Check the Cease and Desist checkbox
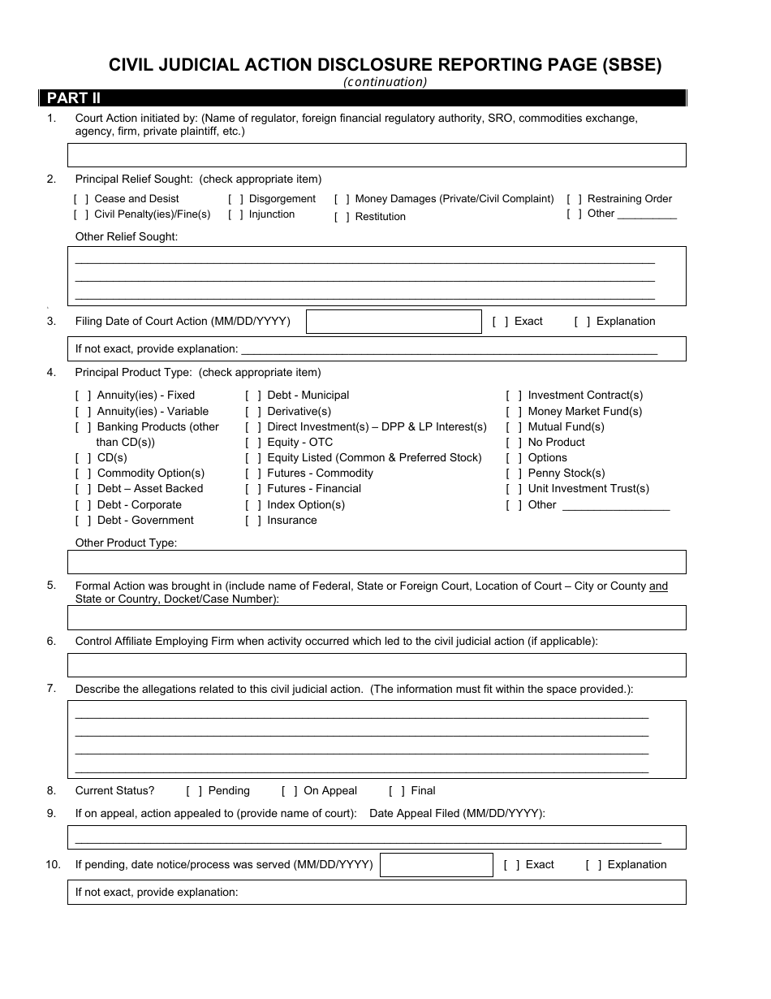pyautogui.click(x=81, y=199)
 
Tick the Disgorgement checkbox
pyautogui.click(x=235, y=199)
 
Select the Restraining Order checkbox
pyautogui.click(x=574, y=199)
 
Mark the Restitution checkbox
pyautogui.click(x=342, y=217)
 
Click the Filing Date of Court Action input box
pyautogui.click(x=394, y=322)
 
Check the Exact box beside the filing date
pyautogui.click(x=501, y=322)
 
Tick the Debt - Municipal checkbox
pyautogui.click(x=253, y=396)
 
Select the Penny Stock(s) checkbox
pyautogui.click(x=514, y=474)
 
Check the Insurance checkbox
pyautogui.click(x=253, y=521)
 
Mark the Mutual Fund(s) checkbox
pyautogui.click(x=514, y=427)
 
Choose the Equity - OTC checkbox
pyautogui.click(x=253, y=443)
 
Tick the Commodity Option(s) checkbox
pyautogui.click(x=84, y=474)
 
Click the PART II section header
pyautogui.click(x=73, y=98)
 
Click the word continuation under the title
pyautogui.click(x=385, y=81)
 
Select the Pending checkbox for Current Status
pyautogui.click(x=194, y=791)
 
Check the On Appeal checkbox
pyautogui.click(x=290, y=791)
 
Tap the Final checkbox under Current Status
pyautogui.click(x=397, y=791)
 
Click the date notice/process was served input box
pyautogui.click(x=437, y=865)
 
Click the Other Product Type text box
pyautogui.click(x=377, y=562)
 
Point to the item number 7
pyautogui.click(x=51, y=689)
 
